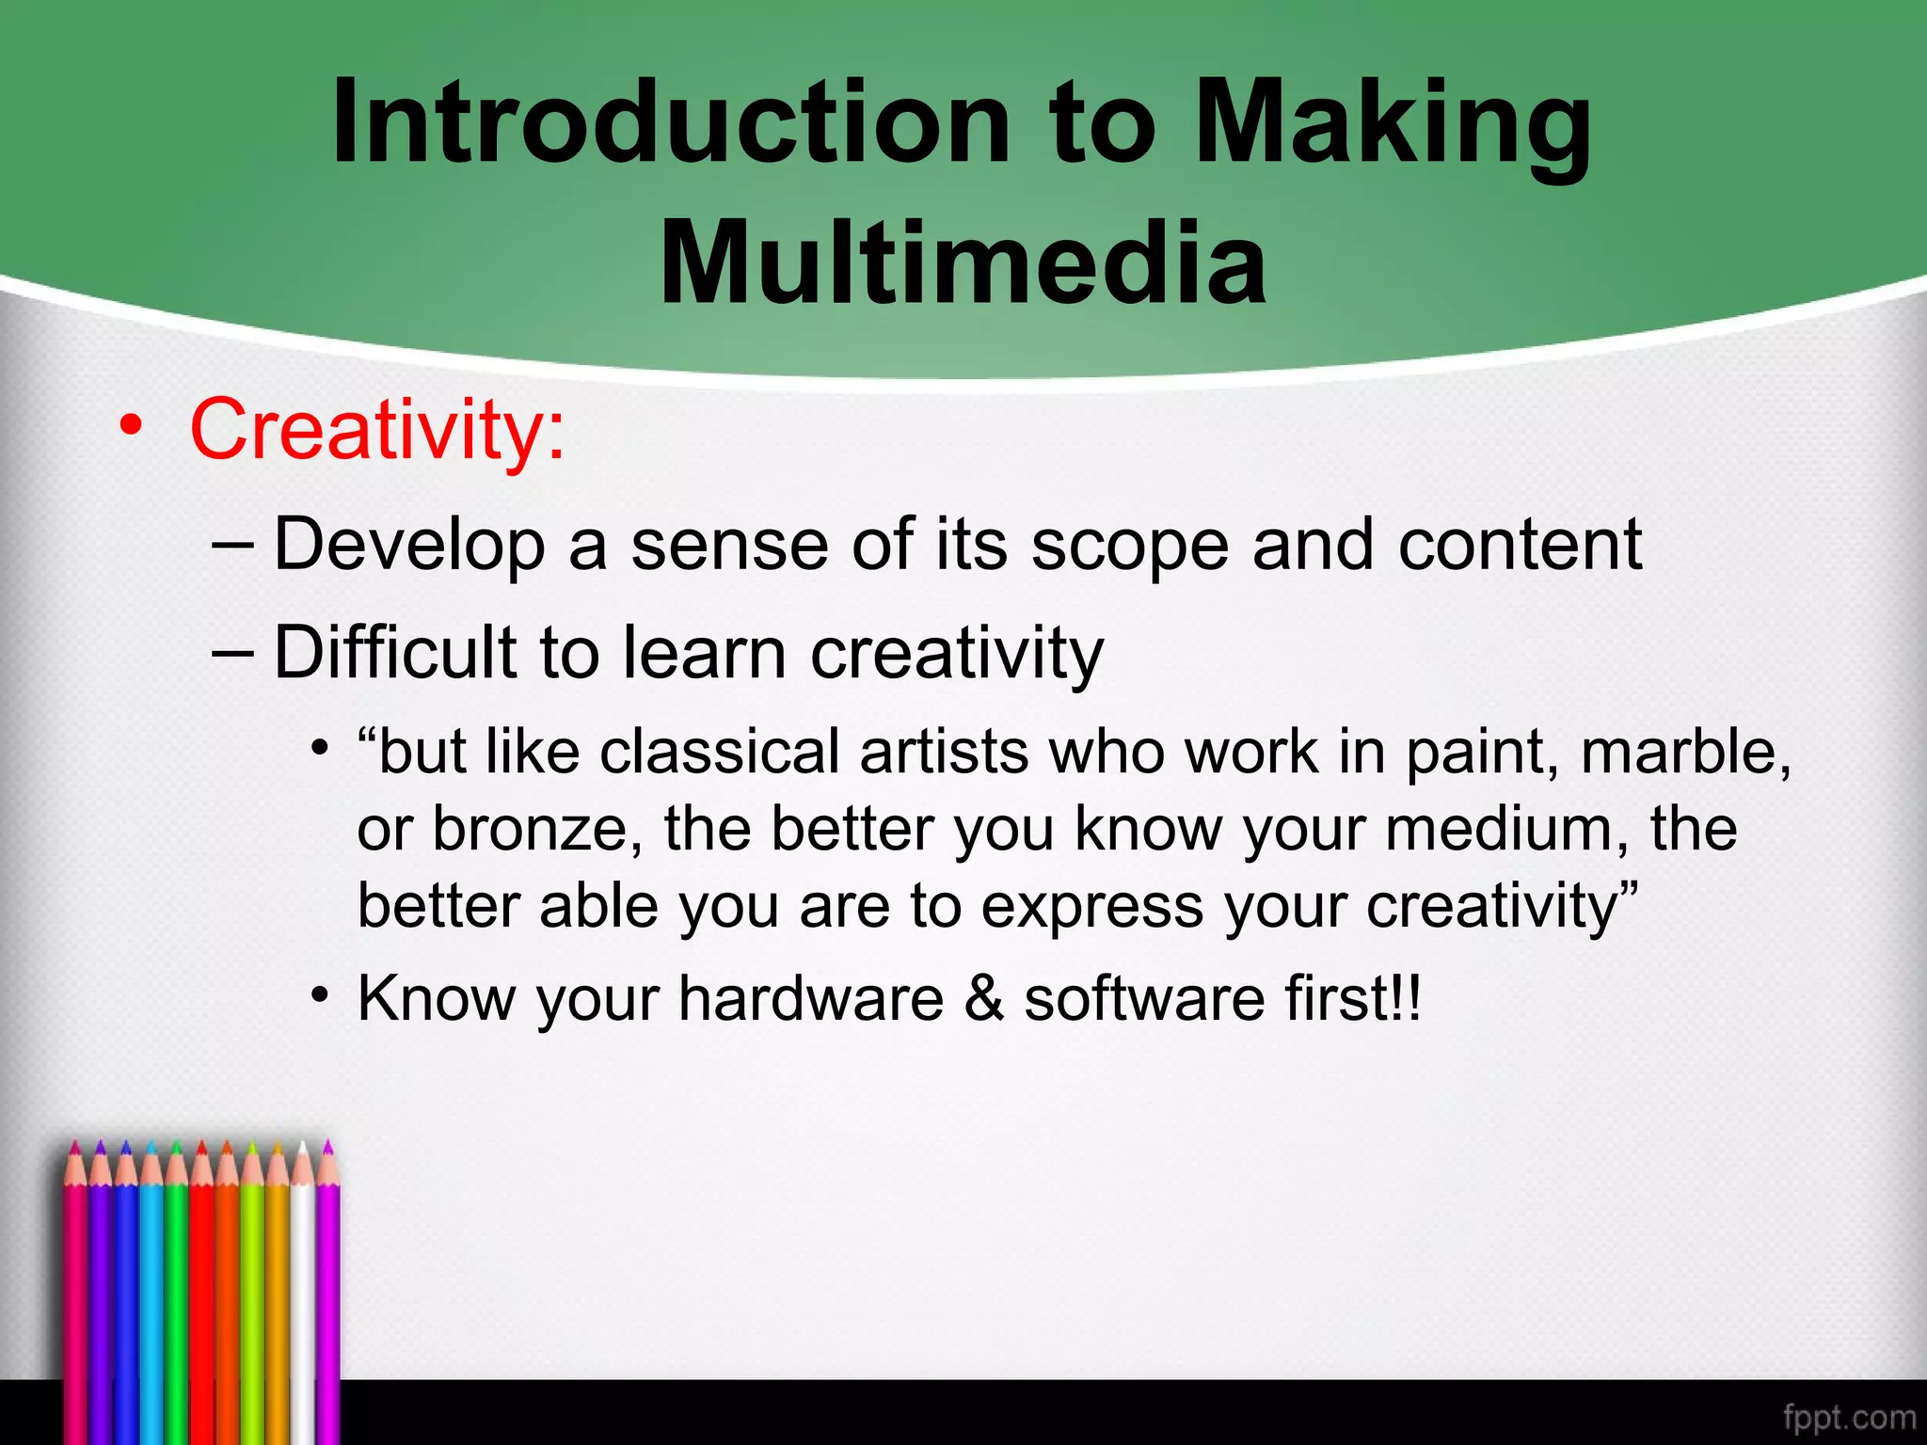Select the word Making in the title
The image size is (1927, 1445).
point(1393,122)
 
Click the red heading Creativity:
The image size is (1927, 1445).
point(377,429)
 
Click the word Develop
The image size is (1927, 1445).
point(409,546)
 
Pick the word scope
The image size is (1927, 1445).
point(1129,546)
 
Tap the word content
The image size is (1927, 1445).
point(1520,546)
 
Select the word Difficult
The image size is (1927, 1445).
point(395,653)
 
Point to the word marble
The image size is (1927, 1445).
point(1684,753)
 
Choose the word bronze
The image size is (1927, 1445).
point(536,830)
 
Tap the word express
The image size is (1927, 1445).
point(1091,907)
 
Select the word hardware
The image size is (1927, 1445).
point(810,998)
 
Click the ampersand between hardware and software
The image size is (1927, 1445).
point(984,998)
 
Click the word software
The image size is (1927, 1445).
point(1144,998)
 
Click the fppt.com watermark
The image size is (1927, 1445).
point(1849,1417)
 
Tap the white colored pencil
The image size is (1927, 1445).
point(303,1298)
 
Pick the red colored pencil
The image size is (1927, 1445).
point(201,1298)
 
